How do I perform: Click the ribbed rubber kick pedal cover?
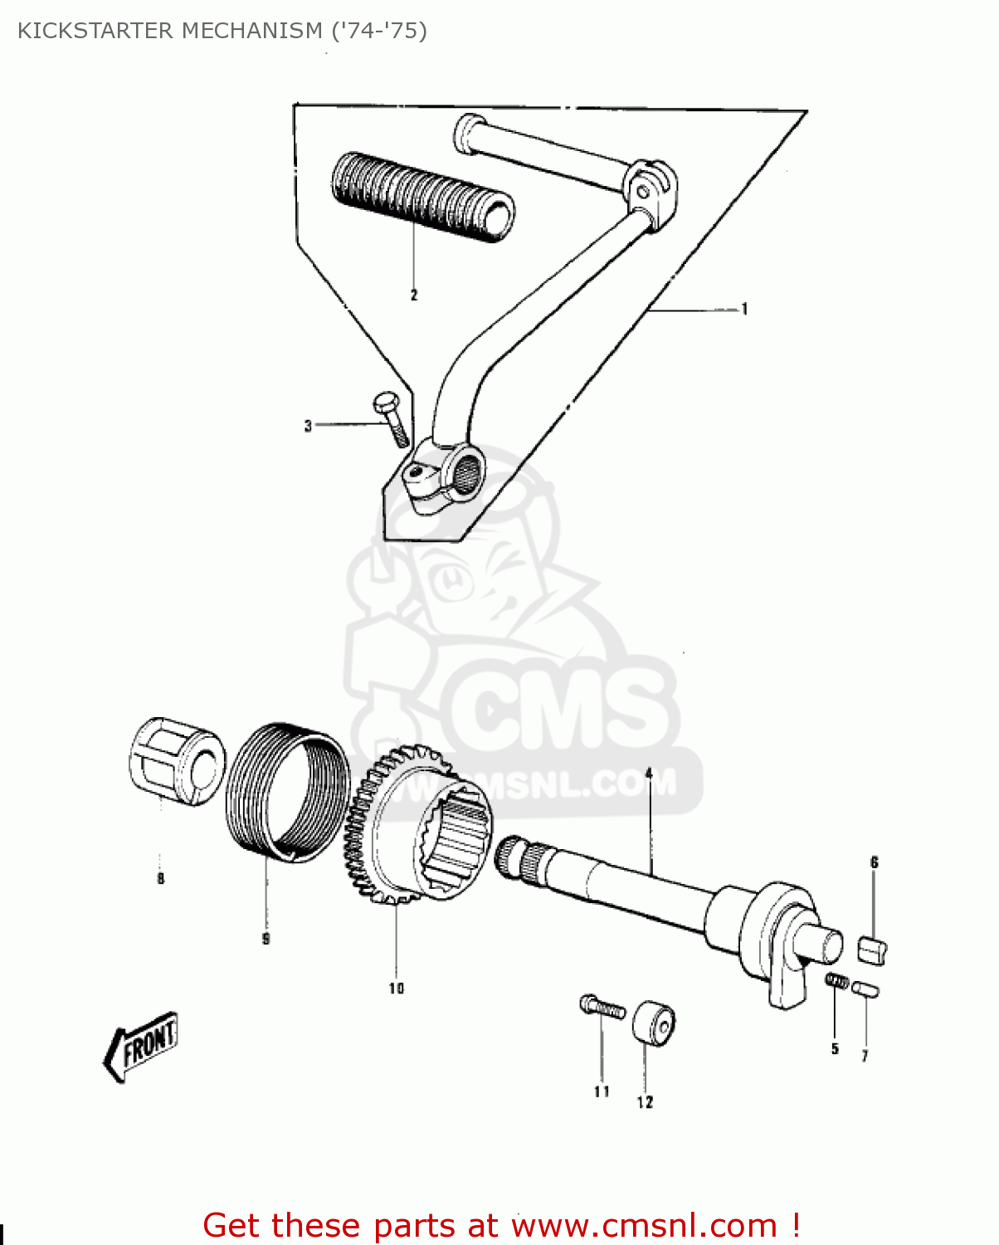point(422,198)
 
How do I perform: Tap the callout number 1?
point(744,310)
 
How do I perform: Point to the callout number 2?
point(414,295)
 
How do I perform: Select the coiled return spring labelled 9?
point(286,797)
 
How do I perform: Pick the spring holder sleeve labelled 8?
point(177,762)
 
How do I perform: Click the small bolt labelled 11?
point(602,1008)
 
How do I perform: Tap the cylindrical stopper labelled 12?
point(654,1024)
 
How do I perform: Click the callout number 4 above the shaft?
point(649,774)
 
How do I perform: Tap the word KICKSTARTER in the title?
point(96,31)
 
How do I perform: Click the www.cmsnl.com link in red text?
point(645,1225)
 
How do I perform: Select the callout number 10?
point(396,988)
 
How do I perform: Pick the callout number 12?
point(645,1102)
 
